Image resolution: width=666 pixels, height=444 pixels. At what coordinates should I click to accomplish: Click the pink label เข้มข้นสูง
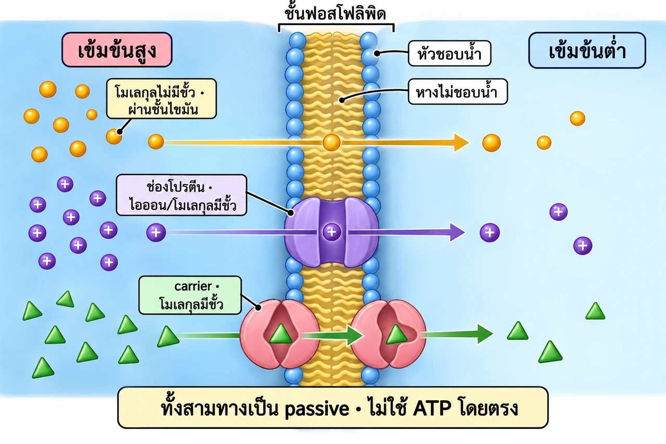(x=117, y=49)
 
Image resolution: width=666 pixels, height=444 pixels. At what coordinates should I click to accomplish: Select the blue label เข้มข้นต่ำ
(x=587, y=50)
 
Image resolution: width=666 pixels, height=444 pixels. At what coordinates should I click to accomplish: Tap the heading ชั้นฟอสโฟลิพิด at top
(x=336, y=14)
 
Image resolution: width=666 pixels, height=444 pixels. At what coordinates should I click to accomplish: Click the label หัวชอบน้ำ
(x=449, y=54)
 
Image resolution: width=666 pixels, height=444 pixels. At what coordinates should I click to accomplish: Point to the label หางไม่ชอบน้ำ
(x=457, y=92)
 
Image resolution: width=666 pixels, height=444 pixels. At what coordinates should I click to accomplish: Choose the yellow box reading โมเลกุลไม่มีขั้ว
(x=161, y=99)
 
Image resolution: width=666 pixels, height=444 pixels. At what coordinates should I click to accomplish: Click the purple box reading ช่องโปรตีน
(x=182, y=195)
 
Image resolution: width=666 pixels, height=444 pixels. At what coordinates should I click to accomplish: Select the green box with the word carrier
(x=190, y=295)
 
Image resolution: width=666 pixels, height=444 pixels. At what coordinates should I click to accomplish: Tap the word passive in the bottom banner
(x=317, y=409)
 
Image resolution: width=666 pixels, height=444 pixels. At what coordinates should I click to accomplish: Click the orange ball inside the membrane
(x=331, y=143)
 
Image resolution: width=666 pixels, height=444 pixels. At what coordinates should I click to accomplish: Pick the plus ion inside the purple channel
(x=332, y=232)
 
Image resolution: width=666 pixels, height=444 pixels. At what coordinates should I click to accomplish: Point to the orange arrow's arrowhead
(x=461, y=143)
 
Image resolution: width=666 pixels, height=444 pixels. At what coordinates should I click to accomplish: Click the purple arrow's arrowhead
(x=457, y=232)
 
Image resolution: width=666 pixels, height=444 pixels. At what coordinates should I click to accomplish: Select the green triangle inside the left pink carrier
(x=280, y=334)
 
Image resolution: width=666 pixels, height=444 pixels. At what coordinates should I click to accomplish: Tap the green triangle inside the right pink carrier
(x=396, y=335)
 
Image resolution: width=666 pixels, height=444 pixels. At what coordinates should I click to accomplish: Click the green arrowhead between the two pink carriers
(x=355, y=335)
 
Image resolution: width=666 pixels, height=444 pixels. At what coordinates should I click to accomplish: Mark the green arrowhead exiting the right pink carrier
(x=485, y=334)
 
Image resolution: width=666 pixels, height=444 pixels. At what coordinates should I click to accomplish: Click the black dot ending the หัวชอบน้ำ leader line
(x=377, y=53)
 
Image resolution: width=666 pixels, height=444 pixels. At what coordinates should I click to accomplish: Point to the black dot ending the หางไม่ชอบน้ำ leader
(x=342, y=100)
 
